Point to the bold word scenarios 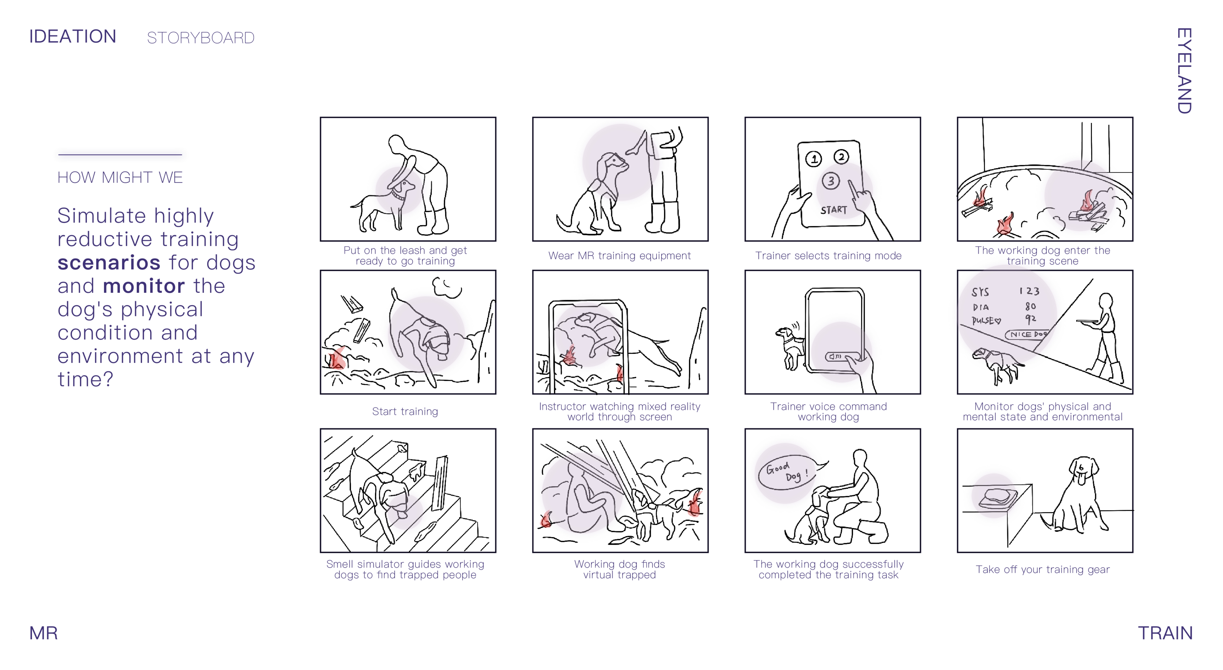coord(109,262)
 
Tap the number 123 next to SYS coord(1029,291)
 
